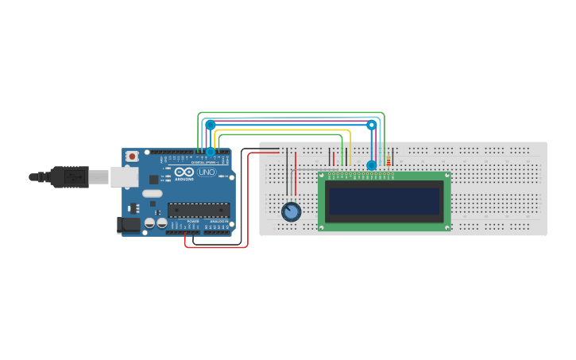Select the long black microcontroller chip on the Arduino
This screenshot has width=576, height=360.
[x=198, y=210]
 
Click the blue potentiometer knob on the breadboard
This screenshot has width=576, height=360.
[x=292, y=211]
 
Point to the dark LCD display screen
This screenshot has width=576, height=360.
[x=385, y=202]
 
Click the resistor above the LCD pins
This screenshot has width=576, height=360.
[x=389, y=162]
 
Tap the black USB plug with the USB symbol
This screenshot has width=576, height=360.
[x=70, y=176]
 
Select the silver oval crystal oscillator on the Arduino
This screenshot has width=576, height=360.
[x=153, y=193]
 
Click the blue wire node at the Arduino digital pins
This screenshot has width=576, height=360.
[x=211, y=152]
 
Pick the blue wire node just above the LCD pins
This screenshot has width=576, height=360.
[x=371, y=165]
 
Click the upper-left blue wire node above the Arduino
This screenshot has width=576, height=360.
[x=210, y=125]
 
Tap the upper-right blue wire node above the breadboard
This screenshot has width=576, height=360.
[x=371, y=125]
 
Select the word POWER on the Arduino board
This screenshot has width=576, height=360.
[x=193, y=222]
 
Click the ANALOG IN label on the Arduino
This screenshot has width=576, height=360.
[x=218, y=222]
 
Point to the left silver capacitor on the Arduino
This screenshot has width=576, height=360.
[x=149, y=224]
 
